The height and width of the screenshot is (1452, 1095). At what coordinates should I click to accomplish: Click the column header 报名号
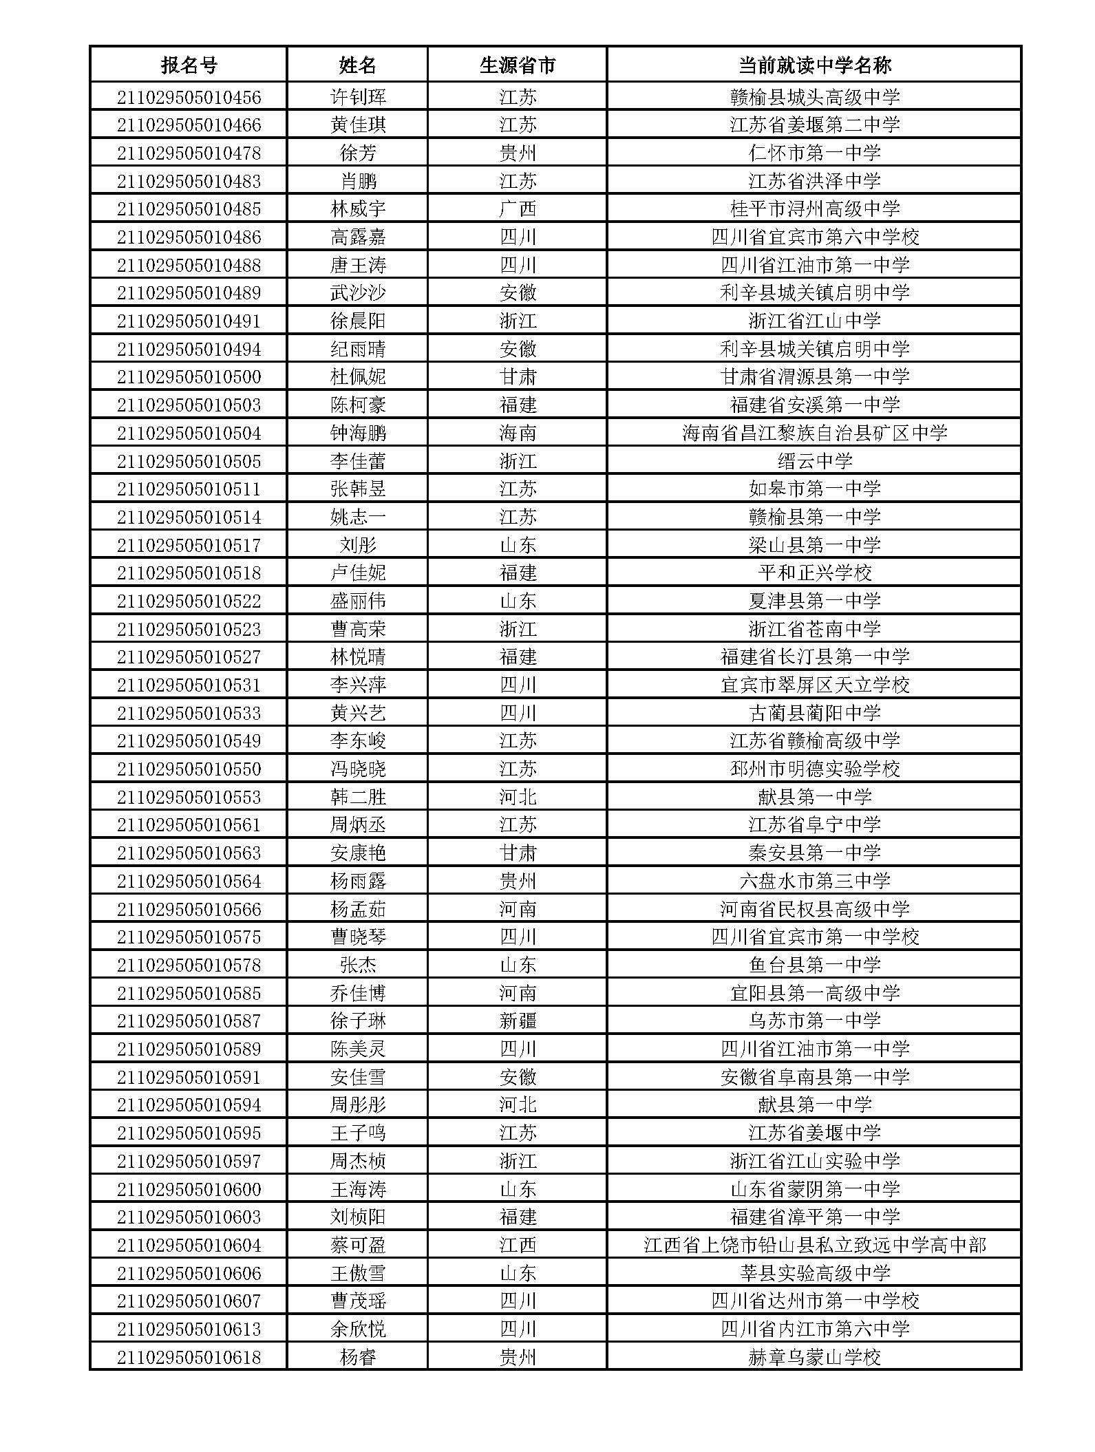[x=189, y=65]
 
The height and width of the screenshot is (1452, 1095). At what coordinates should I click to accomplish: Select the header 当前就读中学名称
[x=814, y=65]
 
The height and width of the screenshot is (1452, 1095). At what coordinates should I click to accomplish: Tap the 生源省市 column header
[x=518, y=65]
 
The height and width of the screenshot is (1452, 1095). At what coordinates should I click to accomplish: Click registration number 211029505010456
[x=189, y=97]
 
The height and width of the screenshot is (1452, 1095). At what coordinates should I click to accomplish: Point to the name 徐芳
[x=358, y=153]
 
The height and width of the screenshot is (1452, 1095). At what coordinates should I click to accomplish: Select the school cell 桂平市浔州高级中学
[x=814, y=209]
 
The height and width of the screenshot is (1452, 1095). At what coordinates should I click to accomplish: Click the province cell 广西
[x=518, y=209]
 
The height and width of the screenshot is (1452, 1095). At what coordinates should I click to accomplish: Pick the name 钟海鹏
[x=358, y=433]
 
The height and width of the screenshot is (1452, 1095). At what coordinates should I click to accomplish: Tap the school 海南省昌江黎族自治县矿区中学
[x=814, y=433]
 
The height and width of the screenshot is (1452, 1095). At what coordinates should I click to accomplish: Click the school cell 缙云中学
[x=814, y=461]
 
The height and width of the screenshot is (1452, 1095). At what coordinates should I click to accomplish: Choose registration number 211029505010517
[x=189, y=545]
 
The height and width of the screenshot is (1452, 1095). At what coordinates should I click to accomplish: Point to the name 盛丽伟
[x=358, y=601]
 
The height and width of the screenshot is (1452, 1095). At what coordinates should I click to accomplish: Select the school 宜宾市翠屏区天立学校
[x=814, y=685]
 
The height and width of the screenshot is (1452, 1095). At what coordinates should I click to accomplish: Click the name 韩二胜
[x=358, y=797]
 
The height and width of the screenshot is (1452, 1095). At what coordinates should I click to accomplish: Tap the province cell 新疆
[x=518, y=1021]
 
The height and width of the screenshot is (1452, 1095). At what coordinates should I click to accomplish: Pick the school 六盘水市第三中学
[x=814, y=881]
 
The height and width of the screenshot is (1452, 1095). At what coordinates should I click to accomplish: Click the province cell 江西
[x=518, y=1245]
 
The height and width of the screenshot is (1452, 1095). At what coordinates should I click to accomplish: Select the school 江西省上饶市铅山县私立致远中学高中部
[x=814, y=1245]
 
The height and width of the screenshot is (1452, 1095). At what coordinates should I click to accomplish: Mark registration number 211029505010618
[x=189, y=1357]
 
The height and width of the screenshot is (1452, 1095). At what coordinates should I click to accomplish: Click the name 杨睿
[x=358, y=1357]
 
